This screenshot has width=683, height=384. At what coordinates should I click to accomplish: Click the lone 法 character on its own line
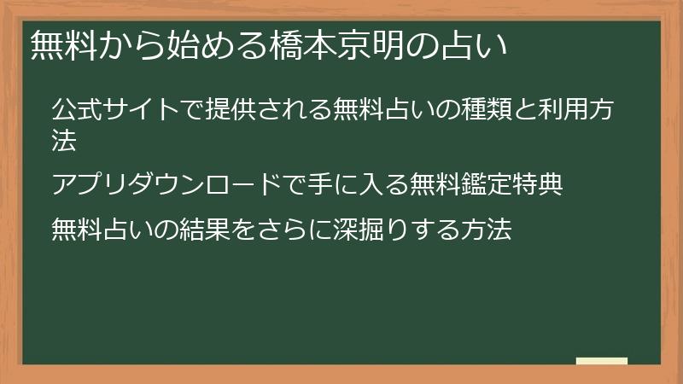pos(64,142)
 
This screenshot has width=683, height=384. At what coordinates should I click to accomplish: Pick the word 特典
pos(540,184)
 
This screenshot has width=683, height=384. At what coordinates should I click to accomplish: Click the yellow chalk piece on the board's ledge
pos(602,361)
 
